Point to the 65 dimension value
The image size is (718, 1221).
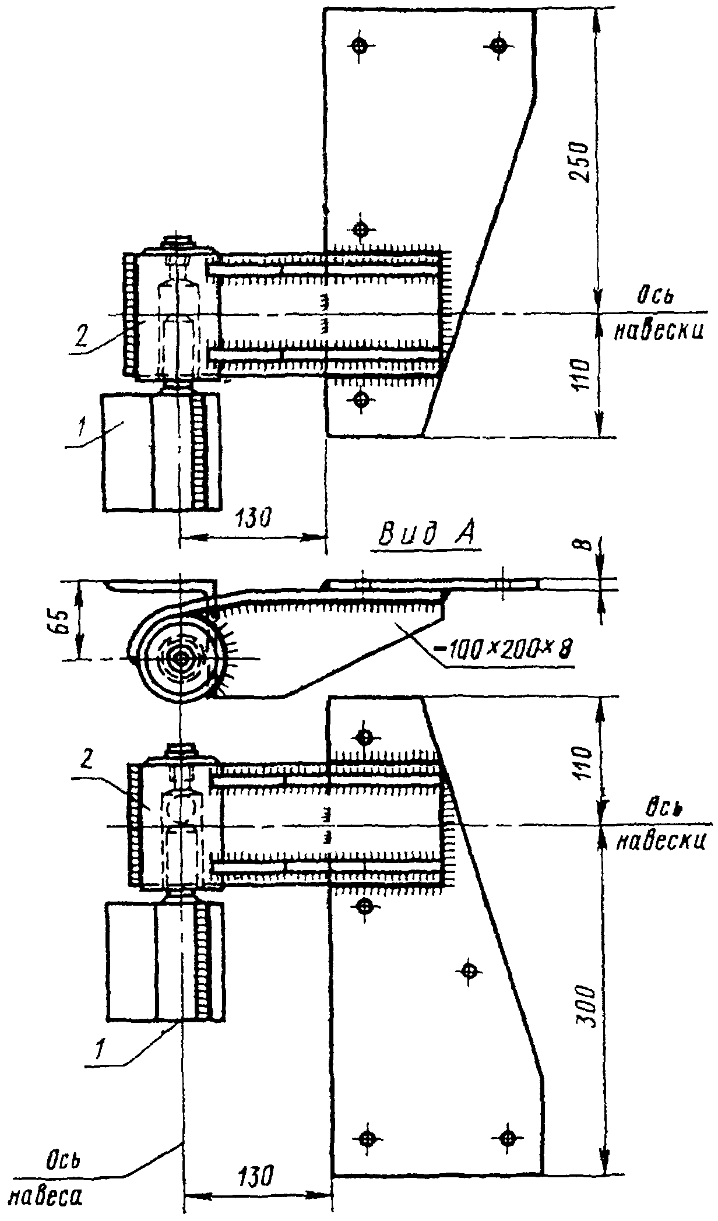pyautogui.click(x=68, y=621)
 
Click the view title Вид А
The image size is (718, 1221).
pyautogui.click(x=426, y=533)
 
